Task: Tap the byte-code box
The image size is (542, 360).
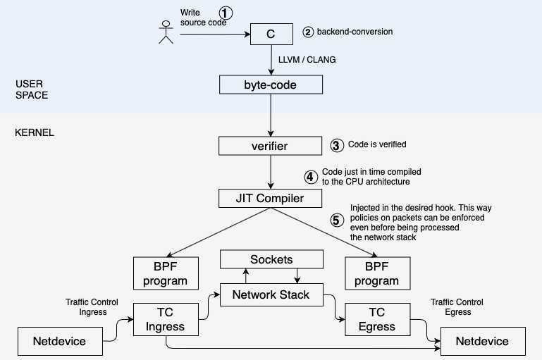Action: (x=271, y=85)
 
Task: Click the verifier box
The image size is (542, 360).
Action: (x=271, y=146)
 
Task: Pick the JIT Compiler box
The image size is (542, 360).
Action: (x=271, y=198)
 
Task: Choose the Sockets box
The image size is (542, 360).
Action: (x=271, y=259)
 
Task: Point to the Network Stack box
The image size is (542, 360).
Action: (x=271, y=294)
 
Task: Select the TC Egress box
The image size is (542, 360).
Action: (x=376, y=319)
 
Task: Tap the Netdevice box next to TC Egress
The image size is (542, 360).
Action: (x=483, y=341)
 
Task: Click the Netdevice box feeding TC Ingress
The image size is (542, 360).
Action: (x=60, y=341)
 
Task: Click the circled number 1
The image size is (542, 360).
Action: (x=225, y=13)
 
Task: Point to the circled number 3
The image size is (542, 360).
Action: (x=336, y=145)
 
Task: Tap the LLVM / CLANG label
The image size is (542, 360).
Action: (x=307, y=60)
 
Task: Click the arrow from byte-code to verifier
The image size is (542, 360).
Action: (x=271, y=116)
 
